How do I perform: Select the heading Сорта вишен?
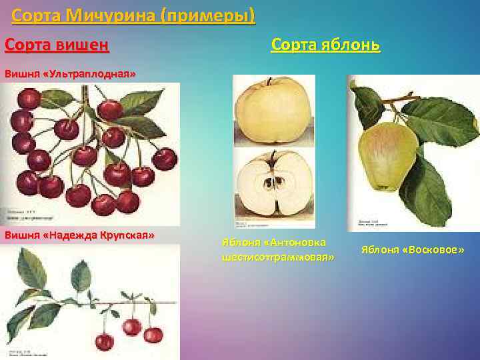point(57,45)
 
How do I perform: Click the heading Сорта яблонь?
point(325,45)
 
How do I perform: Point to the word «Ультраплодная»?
point(88,73)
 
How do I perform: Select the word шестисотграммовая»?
point(277,257)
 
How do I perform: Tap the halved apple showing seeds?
point(273,183)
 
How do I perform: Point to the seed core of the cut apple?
point(273,181)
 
